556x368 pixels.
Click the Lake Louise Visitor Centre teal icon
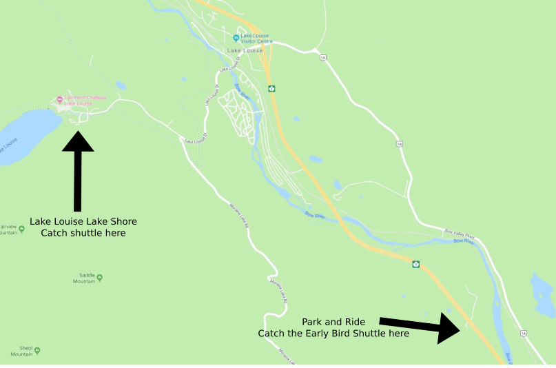tap(236, 38)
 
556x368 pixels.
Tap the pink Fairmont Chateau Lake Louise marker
tap(60, 99)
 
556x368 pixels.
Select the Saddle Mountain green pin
tap(100, 278)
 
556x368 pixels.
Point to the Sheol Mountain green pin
tap(37, 351)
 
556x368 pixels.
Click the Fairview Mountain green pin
tap(21, 229)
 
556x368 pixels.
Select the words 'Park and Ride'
tap(333, 322)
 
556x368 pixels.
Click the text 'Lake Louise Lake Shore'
tap(83, 221)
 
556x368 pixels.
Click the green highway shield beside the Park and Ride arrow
tap(416, 264)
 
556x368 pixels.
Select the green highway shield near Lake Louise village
tap(272, 88)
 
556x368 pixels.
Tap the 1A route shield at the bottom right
tap(524, 334)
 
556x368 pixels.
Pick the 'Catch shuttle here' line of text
tap(83, 233)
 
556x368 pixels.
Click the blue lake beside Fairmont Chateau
tap(24, 134)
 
